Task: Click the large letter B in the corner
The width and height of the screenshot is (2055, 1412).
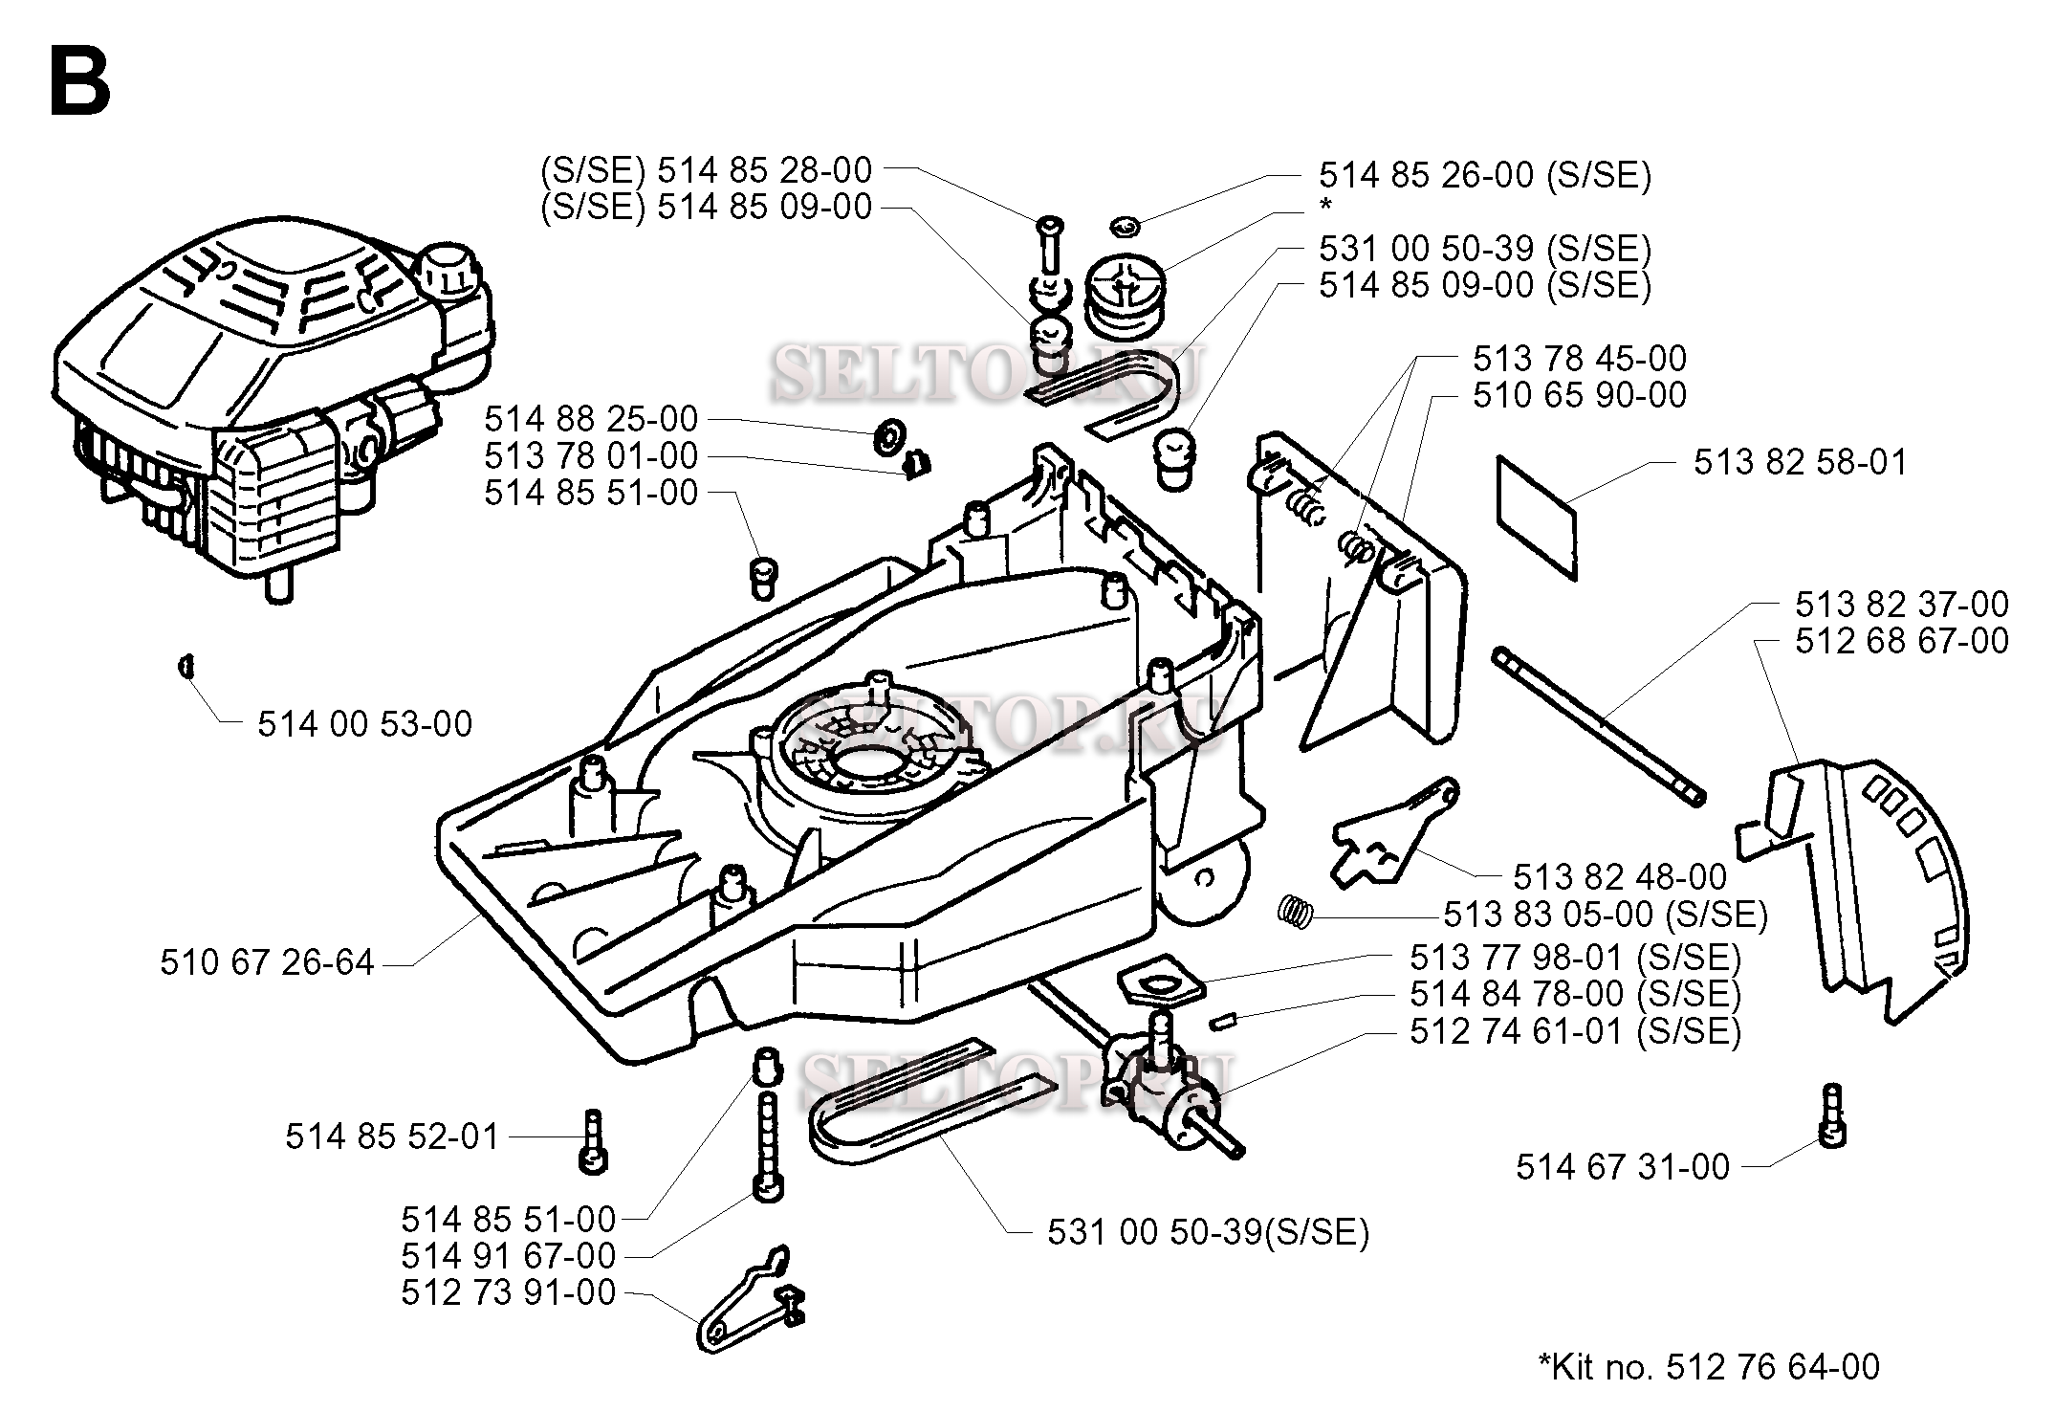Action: [x=80, y=83]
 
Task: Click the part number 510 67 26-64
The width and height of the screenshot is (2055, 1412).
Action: [x=267, y=962]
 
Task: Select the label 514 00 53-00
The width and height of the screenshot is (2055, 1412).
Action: [x=364, y=724]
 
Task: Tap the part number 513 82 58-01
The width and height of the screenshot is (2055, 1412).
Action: [x=1800, y=462]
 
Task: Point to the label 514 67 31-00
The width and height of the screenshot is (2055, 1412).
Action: [x=1623, y=1167]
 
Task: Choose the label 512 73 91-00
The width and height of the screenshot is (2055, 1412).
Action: [x=508, y=1292]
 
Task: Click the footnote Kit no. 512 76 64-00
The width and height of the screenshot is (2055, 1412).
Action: [x=1709, y=1366]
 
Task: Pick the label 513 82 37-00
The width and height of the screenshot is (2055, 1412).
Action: [x=1901, y=604]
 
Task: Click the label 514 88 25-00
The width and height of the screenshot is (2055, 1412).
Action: [x=591, y=419]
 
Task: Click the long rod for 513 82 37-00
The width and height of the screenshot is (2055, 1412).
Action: [x=1598, y=728]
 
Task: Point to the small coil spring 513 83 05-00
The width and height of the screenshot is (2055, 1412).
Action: [x=1293, y=908]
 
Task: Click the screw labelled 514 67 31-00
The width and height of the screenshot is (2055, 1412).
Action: [x=1832, y=1115]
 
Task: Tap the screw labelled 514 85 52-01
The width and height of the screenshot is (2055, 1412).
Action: [x=593, y=1140]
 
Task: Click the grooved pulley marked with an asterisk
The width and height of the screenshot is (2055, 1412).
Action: [x=1126, y=293]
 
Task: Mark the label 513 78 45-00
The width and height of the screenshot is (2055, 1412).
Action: [x=1579, y=359]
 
